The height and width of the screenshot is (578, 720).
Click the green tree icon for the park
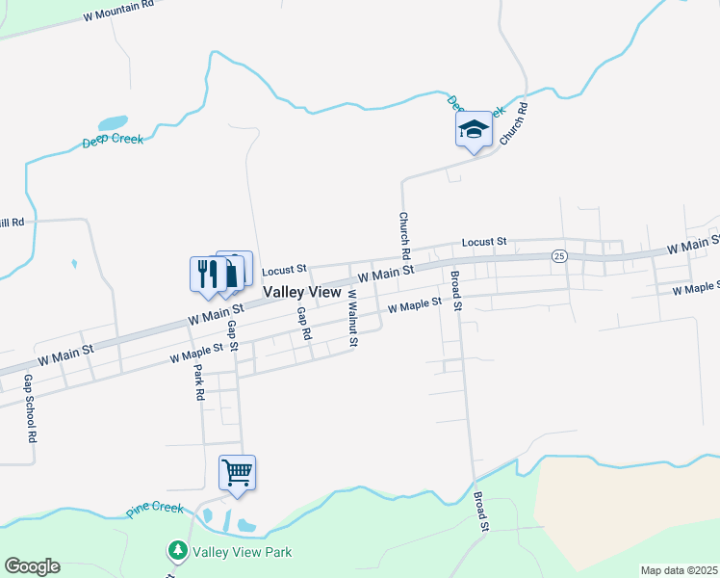tap(178, 551)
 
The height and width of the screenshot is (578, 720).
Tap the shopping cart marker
tap(237, 473)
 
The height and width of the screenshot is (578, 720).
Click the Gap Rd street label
tap(304, 324)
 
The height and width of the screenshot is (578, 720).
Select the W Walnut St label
tap(353, 325)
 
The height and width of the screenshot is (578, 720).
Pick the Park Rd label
tap(198, 383)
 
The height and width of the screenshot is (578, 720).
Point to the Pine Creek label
tap(154, 509)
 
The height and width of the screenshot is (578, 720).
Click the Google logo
tap(32, 566)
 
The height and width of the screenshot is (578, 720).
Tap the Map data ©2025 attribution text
tap(678, 570)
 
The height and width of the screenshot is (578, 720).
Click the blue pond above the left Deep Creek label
tap(113, 123)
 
